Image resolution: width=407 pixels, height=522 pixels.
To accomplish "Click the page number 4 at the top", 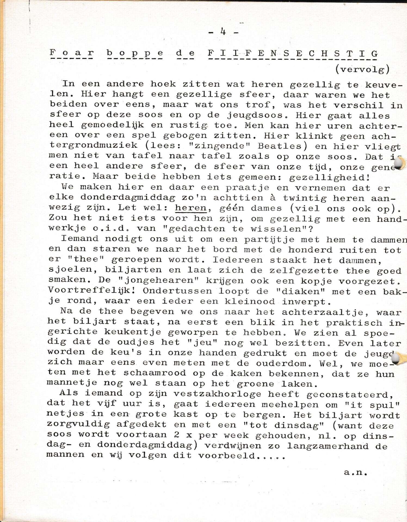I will pyautogui.click(x=223, y=32).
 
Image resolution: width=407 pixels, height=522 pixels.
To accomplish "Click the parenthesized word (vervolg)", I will pyautogui.click(x=362, y=70).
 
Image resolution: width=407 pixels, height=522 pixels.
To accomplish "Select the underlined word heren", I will pyautogui.click(x=191, y=208).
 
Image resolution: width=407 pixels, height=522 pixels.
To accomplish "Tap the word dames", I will pyautogui.click(x=266, y=208).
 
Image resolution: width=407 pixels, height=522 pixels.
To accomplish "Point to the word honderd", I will pyautogui.click(x=310, y=250).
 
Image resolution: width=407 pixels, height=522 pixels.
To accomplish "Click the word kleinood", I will pyautogui.click(x=249, y=302).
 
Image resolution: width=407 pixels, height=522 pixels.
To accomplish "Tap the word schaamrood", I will pyautogui.click(x=155, y=373).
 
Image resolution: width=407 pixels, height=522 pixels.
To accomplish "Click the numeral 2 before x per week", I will pyautogui.click(x=177, y=435).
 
